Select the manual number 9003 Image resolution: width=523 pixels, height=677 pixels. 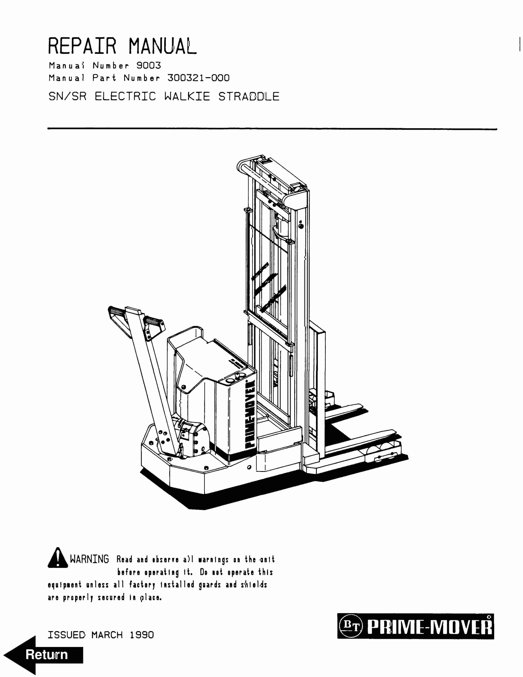pos(149,65)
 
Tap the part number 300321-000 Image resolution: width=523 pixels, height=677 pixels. pos(198,78)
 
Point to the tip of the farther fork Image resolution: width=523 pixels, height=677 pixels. pos(361,406)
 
